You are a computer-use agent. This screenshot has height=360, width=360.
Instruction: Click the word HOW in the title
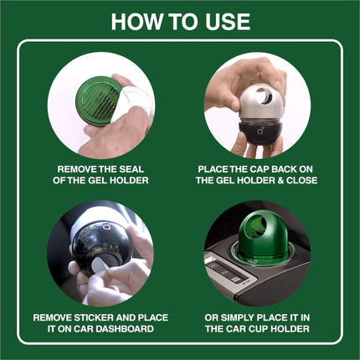click(136, 22)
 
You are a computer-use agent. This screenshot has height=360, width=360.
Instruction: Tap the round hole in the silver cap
click(265, 96)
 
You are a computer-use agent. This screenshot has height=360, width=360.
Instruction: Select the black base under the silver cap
click(261, 132)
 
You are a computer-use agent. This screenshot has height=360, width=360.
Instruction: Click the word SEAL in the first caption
click(131, 169)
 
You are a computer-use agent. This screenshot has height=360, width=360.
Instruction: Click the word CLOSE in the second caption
click(302, 180)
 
